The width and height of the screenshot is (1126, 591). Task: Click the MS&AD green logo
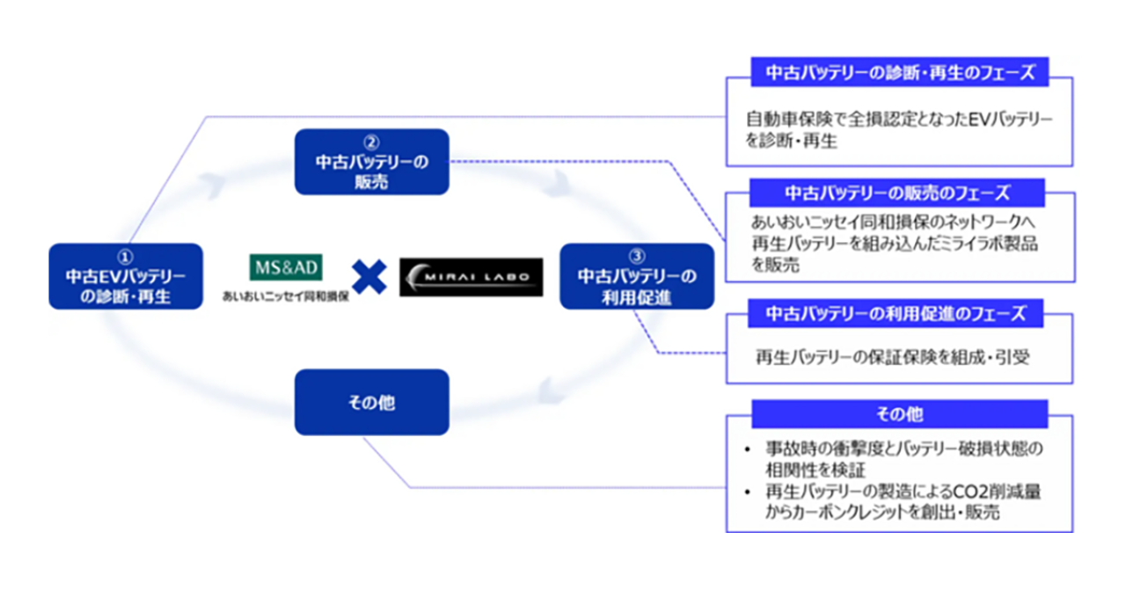point(287,266)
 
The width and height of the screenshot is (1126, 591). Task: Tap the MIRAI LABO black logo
point(471,276)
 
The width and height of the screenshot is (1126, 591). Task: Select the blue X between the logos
point(369,276)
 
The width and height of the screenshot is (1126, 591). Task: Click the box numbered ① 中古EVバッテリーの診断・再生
point(125,276)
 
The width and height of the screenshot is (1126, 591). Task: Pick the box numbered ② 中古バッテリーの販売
point(371,162)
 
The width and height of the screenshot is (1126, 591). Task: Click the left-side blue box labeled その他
point(371,402)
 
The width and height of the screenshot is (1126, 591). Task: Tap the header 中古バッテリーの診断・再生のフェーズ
point(899,73)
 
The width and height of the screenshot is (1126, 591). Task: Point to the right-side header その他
point(899,413)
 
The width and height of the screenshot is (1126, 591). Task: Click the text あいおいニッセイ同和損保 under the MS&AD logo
point(287,297)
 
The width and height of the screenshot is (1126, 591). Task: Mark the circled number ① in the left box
point(125,255)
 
